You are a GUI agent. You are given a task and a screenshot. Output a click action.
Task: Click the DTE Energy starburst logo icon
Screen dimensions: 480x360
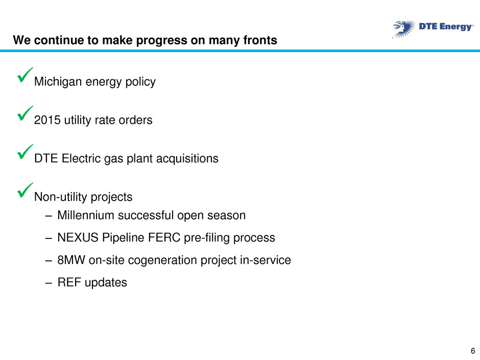(404, 29)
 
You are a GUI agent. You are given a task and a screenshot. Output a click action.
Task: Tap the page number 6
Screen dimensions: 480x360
(473, 351)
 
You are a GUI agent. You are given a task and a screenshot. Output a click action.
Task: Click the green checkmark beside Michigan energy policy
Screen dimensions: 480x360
(25, 75)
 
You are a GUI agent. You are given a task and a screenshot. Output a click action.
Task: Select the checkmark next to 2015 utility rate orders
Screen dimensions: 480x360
(25, 113)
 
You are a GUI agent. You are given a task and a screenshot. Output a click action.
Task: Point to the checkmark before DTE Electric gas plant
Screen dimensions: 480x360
(25, 152)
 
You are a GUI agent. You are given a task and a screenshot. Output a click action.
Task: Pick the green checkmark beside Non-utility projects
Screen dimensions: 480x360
(25, 190)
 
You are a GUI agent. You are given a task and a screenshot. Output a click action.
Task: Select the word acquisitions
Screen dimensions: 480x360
(187, 159)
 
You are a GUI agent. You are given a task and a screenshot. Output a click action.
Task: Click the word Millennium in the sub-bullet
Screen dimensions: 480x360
(86, 215)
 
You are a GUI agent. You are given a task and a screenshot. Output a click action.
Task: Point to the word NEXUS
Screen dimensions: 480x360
(78, 238)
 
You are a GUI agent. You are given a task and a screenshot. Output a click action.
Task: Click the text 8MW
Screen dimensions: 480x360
(71, 260)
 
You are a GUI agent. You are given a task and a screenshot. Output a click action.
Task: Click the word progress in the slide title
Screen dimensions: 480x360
(161, 41)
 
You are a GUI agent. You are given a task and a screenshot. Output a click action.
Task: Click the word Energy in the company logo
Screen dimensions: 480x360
(456, 27)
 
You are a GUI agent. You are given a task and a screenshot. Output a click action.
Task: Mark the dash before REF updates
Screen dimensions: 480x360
(49, 283)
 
